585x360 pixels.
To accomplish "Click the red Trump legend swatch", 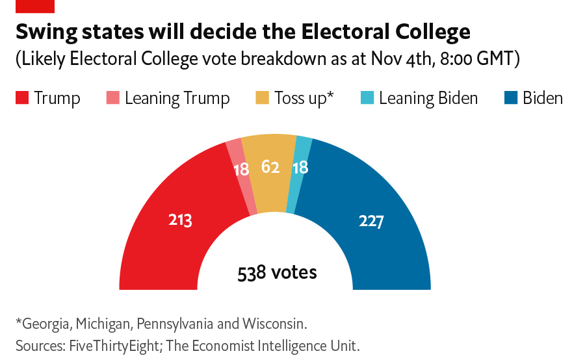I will tap(22, 98).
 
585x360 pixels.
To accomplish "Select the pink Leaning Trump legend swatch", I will tap(112, 98).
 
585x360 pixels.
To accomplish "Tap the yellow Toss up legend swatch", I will tap(261, 98).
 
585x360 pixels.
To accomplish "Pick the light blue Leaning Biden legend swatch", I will tap(367, 98).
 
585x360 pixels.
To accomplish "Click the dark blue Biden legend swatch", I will tap(510, 98).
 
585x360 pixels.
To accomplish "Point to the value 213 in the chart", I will tap(180, 220).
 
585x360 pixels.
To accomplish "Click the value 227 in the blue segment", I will tap(371, 221).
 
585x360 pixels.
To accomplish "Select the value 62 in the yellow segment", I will tap(270, 167).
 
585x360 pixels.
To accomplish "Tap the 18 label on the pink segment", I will tap(241, 169).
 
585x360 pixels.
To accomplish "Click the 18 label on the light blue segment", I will tap(300, 168).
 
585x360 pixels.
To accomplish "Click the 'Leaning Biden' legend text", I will tap(428, 98).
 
